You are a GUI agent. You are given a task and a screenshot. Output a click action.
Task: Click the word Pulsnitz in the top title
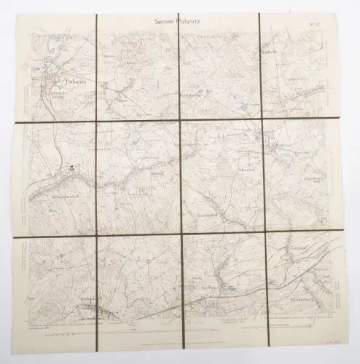(x=190, y=22)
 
